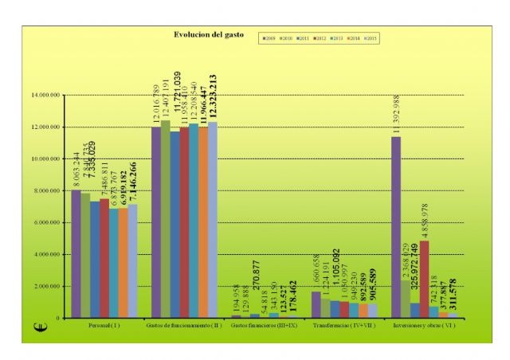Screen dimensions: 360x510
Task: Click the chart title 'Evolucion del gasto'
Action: [199, 35]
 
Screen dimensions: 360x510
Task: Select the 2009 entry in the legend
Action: [269, 37]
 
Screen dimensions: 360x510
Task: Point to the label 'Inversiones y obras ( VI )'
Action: [423, 327]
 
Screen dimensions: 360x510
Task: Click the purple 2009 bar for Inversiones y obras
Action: [396, 228]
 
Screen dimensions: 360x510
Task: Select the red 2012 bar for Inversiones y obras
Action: [424, 280]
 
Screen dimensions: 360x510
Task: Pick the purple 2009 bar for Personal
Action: [76, 254]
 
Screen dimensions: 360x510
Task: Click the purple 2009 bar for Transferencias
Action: [316, 305]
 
